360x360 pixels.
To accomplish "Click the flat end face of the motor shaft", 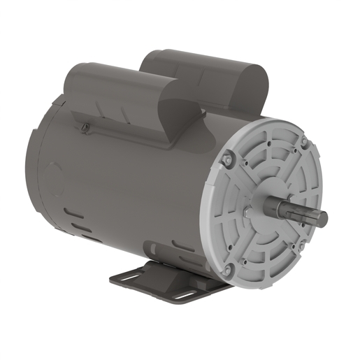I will tap(321, 219).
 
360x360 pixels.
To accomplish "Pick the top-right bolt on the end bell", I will tap(303, 143).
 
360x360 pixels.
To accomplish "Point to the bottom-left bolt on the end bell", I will tap(227, 268).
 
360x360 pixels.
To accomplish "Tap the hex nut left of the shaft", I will tap(249, 210).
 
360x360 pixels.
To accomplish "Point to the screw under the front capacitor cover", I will tap(85, 127).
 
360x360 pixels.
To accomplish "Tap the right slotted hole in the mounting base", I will tap(183, 294).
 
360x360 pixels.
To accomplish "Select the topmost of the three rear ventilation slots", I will tap(70, 212).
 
